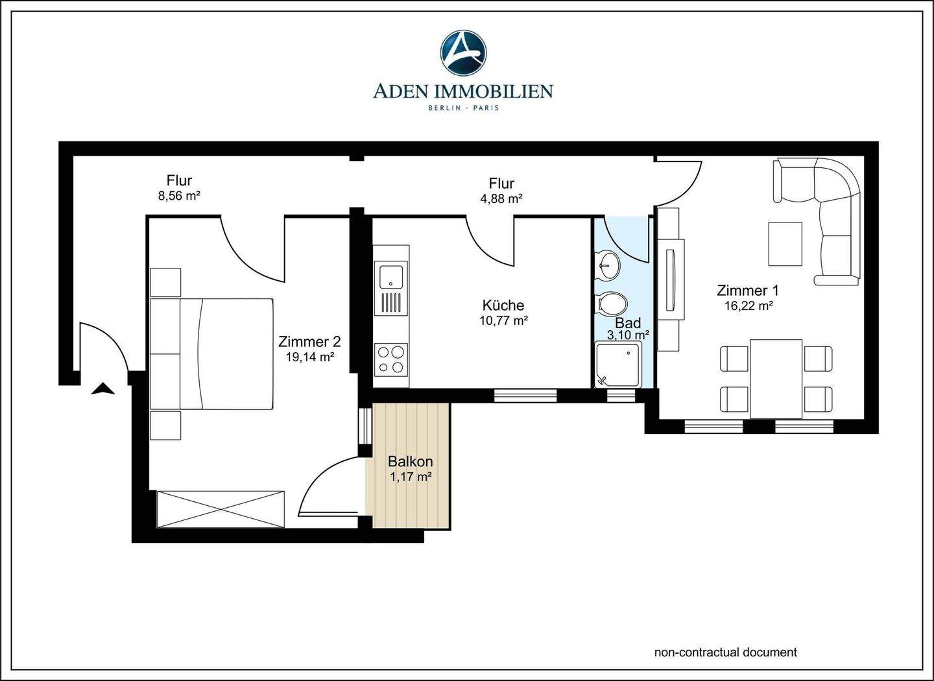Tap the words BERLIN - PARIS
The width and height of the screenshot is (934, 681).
463,108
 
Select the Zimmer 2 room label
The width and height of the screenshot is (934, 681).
309,342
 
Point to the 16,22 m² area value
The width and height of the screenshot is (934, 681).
749,305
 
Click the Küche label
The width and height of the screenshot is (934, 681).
503,305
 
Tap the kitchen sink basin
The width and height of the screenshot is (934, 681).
390,276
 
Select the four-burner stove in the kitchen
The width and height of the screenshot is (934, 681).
390,359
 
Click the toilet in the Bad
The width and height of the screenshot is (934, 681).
612,303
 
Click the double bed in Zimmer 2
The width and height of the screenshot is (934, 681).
211,353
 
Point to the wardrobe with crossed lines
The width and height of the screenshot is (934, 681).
221,509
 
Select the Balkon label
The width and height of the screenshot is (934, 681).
411,461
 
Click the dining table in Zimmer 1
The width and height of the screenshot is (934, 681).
776,379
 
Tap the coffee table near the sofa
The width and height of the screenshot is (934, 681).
785,244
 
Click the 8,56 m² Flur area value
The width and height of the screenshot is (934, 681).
179,196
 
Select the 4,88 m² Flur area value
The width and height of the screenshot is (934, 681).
501,198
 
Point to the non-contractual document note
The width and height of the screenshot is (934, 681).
726,652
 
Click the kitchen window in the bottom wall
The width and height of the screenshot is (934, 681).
525,396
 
